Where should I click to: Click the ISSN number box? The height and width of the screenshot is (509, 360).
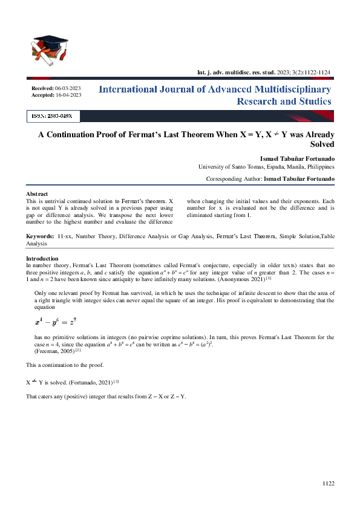coord(53,115)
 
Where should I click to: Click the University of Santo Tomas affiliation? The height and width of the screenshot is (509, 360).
coord(266,166)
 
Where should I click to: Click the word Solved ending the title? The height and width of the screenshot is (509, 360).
coord(322,144)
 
